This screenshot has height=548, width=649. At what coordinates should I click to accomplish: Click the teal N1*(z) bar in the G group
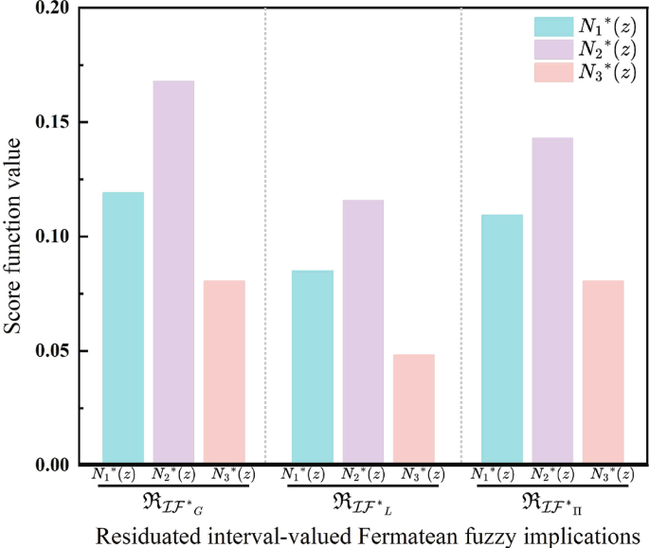[123, 328]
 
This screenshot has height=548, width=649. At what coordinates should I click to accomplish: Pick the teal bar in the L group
[313, 367]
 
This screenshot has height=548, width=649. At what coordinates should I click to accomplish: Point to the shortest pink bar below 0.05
[414, 409]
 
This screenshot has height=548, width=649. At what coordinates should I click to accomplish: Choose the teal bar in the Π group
[502, 339]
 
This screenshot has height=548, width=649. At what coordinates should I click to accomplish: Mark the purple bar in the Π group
[552, 300]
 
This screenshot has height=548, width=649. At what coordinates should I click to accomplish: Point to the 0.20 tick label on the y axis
[49, 9]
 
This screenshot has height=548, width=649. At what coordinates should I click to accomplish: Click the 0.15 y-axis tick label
[49, 122]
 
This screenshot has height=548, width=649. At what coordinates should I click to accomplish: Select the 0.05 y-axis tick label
[49, 351]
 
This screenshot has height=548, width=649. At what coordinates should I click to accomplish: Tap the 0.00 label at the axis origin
[49, 465]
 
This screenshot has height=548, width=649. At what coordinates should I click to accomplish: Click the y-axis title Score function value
[14, 236]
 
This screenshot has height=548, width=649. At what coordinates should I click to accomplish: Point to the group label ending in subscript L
[363, 500]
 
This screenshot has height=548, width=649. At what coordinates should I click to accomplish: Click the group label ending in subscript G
[173, 500]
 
